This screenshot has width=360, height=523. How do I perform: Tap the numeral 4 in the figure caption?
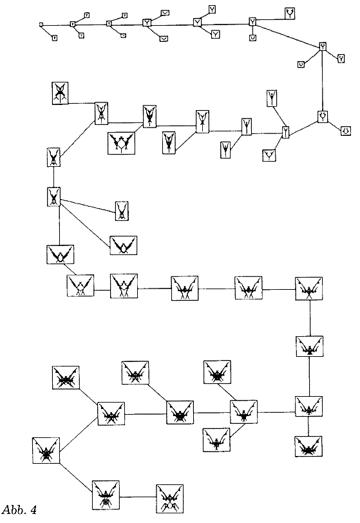point(33,510)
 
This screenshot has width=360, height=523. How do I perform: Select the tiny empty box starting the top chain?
point(41,24)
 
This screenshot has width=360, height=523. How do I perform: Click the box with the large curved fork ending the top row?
point(290,14)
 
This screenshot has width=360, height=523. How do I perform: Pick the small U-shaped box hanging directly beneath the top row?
point(252,38)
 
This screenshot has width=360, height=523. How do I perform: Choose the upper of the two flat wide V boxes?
point(165,13)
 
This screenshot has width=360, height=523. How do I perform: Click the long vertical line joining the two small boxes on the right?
point(322,81)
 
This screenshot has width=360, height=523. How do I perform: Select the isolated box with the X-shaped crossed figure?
point(60,93)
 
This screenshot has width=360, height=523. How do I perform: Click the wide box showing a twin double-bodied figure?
point(122,143)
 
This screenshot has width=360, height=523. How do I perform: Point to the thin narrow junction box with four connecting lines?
point(285,132)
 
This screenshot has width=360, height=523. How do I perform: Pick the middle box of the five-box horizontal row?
point(184,288)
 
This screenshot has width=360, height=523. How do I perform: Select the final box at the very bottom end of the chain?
point(170,499)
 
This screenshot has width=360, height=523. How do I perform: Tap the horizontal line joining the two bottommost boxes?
point(138,497)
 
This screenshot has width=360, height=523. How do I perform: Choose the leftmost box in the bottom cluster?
point(46,451)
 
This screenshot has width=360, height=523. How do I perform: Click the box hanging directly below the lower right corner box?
point(308,446)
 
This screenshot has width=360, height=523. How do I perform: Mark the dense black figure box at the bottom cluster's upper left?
point(66,377)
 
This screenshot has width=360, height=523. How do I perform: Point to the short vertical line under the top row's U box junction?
point(252,30)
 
